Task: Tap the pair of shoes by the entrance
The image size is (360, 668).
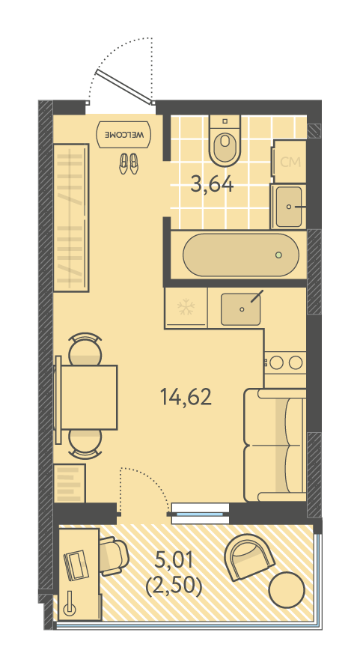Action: click(129, 163)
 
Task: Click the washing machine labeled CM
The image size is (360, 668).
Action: click(290, 161)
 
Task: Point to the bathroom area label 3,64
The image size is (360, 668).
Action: click(213, 185)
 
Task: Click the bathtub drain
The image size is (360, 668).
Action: click(278, 255)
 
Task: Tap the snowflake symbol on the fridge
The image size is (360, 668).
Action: click(186, 307)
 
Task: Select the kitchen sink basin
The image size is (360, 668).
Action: click(241, 309)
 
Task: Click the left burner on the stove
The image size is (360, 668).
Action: click(277, 362)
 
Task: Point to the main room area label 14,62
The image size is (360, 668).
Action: click(186, 397)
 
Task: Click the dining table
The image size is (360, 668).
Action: click(89, 397)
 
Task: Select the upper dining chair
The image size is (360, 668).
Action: click(85, 348)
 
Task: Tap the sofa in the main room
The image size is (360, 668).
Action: click(275, 445)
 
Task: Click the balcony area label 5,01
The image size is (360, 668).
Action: click(174, 560)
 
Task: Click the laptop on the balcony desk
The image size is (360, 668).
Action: click(75, 565)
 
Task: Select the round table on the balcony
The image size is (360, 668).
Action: click(287, 590)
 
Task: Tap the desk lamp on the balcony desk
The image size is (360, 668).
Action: click(70, 605)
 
